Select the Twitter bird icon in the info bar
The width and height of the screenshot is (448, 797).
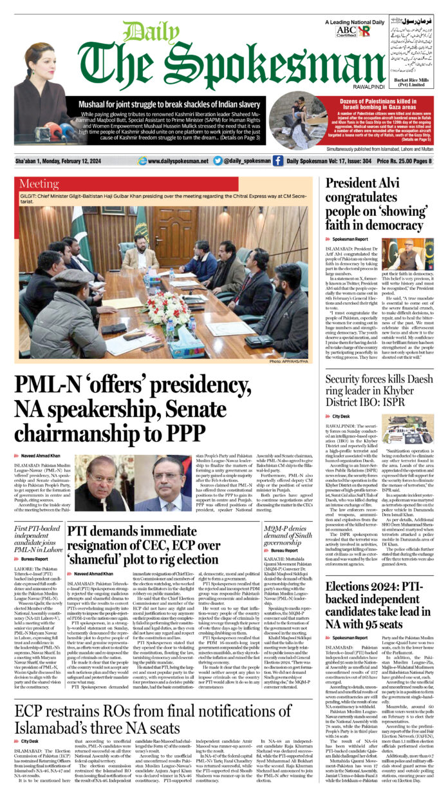218,161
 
